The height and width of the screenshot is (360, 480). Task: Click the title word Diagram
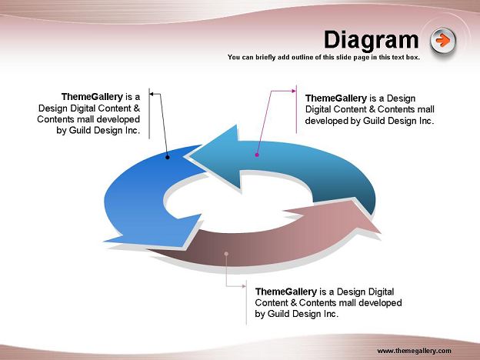pos(371,40)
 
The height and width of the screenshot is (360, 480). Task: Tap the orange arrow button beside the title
pos(442,41)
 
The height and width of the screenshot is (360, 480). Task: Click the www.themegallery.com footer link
pos(414,351)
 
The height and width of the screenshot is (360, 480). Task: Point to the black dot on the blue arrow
pos(168,158)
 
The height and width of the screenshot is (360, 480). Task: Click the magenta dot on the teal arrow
pos(257,155)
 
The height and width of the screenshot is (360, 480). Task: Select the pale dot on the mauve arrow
pos(226,254)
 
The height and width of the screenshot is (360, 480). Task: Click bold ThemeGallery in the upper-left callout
pos(92,97)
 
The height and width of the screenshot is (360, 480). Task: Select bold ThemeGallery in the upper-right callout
pos(336,98)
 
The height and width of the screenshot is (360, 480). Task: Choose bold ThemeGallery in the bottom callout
pos(286,292)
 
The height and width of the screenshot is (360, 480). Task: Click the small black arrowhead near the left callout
pos(152,94)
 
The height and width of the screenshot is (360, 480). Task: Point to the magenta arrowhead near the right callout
pos(294,91)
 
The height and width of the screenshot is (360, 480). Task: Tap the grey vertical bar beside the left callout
pos(149,114)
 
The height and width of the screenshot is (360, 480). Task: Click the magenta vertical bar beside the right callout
pos(296,109)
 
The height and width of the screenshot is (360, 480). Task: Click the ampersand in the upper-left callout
pos(137,108)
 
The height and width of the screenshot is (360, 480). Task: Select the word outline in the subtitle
pos(302,57)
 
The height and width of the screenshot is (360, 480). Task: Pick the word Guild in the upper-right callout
pos(373,121)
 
